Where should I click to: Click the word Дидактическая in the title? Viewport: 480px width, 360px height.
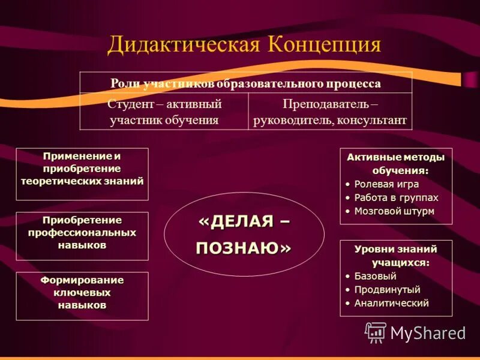[182, 45]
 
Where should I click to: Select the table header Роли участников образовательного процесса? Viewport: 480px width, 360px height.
[246, 83]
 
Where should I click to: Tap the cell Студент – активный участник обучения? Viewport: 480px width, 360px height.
[164, 112]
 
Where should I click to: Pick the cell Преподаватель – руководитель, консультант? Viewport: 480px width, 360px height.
[330, 112]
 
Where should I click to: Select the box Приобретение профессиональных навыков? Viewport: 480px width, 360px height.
[82, 233]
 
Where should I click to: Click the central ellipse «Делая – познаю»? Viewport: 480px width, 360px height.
[244, 234]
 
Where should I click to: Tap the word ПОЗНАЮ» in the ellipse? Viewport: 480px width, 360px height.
[244, 248]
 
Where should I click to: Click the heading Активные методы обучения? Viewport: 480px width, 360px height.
[396, 164]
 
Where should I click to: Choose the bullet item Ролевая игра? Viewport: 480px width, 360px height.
[386, 184]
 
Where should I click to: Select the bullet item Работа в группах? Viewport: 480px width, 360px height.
[396, 197]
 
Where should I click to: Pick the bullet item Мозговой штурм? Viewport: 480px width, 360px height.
[394, 211]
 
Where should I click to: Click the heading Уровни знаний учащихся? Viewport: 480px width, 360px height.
[396, 256]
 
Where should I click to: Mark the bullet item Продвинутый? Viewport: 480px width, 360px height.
[387, 290]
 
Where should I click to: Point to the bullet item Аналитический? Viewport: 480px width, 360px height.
[391, 303]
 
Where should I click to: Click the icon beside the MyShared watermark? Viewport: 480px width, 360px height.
[376, 332]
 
